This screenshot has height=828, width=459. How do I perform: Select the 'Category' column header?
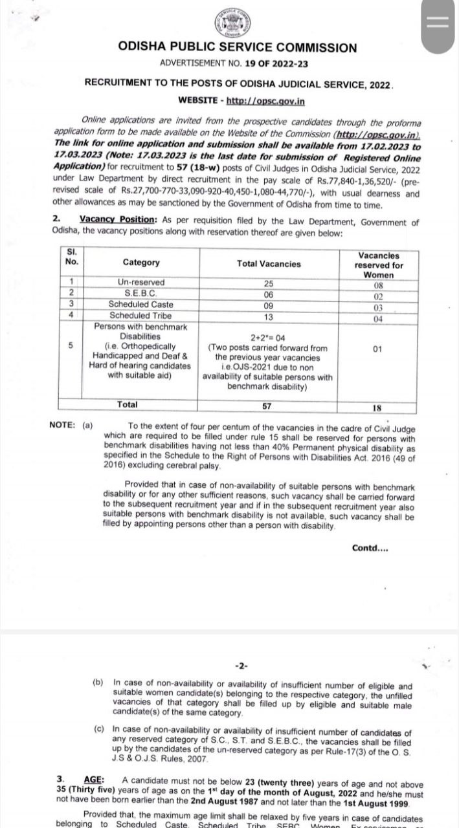click(141, 263)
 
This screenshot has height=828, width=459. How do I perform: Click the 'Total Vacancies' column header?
click(269, 264)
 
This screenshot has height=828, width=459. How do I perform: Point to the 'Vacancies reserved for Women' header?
click(379, 265)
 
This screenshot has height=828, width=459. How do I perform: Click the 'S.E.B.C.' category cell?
click(140, 293)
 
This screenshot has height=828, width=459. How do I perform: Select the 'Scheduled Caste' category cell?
click(140, 304)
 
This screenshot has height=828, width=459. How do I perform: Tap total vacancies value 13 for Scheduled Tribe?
click(269, 316)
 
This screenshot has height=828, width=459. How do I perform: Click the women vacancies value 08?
click(379, 285)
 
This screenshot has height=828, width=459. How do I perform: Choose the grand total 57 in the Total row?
click(267, 406)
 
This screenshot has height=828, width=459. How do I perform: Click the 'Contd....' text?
click(370, 548)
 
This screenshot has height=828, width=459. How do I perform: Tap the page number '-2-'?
click(241, 666)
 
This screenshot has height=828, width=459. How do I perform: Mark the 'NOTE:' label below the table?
click(62, 425)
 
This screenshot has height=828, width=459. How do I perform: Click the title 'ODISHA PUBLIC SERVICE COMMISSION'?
click(237, 47)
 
